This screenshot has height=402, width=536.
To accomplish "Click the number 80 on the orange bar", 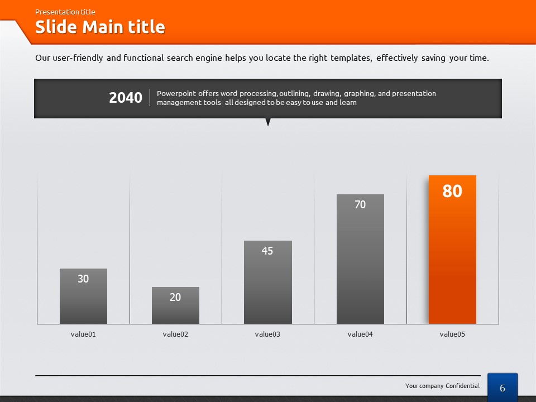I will point(452,191).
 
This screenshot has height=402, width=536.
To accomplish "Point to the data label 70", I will point(360,205).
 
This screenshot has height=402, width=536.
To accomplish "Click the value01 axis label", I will point(83,334).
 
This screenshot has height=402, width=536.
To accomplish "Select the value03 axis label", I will point(267,334).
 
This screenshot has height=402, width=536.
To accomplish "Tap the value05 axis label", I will point(452,334).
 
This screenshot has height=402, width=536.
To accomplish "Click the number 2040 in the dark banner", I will point(126,98).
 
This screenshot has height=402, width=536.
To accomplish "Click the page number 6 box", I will point(502,387).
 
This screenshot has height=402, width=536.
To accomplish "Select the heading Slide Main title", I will point(100,27).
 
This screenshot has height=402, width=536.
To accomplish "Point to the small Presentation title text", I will point(65,12).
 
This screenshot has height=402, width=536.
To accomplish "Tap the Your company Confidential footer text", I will point(442,386).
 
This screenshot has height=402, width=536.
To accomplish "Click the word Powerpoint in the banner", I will point(176,93).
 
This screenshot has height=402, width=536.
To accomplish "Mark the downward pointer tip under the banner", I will point(268,124).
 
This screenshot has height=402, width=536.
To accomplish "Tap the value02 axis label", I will point(175,334).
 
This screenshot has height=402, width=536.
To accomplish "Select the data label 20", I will point(175,297).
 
